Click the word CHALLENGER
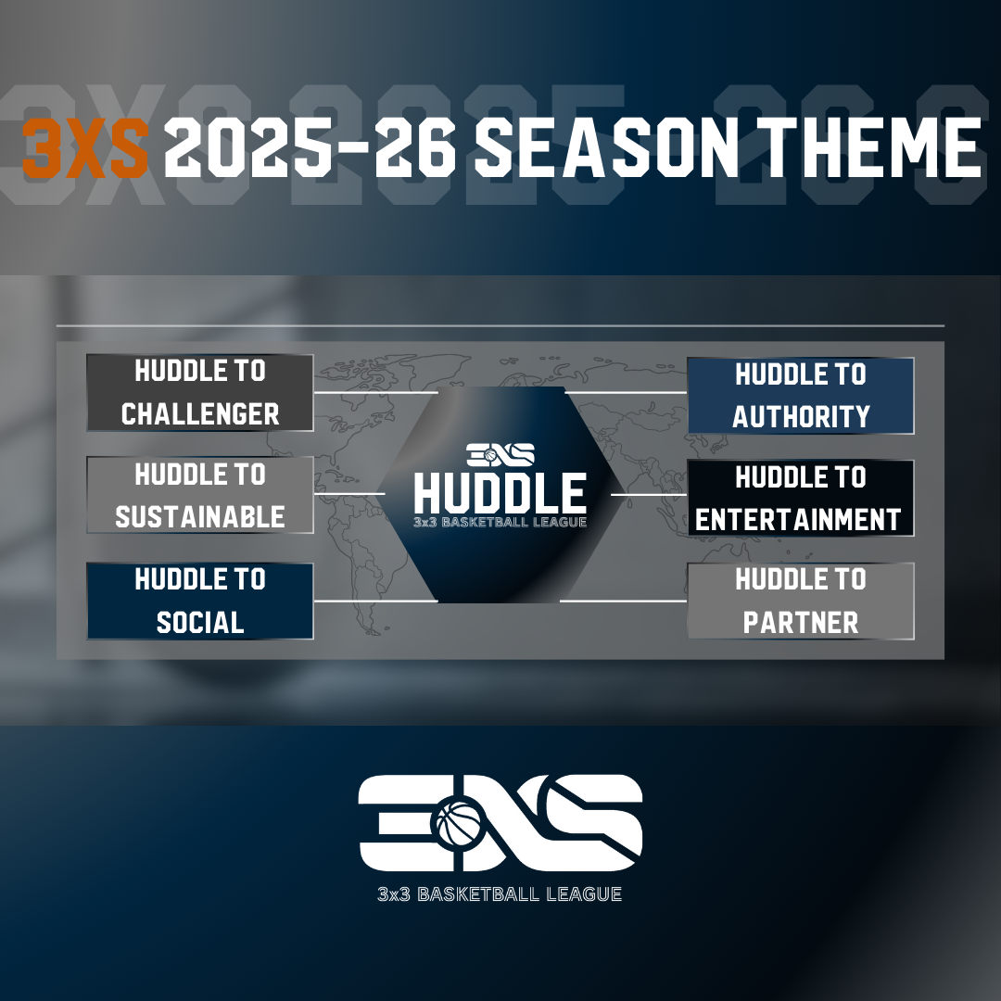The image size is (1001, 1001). click(x=200, y=413)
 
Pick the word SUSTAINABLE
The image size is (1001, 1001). click(x=200, y=517)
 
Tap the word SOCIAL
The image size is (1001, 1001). click(x=200, y=623)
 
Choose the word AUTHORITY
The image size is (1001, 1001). click(x=801, y=417)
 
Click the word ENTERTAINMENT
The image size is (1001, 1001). click(x=798, y=520)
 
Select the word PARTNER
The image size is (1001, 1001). click(x=801, y=623)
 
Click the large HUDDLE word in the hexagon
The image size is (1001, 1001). click(x=500, y=493)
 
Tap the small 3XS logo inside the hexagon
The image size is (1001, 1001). click(x=500, y=455)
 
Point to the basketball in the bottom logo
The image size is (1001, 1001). click(x=459, y=824)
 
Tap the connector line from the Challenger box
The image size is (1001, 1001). click(x=376, y=393)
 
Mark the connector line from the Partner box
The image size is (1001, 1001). click(x=623, y=601)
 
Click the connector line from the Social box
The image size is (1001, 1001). click(x=376, y=601)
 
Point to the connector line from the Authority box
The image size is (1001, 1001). click(x=626, y=393)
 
